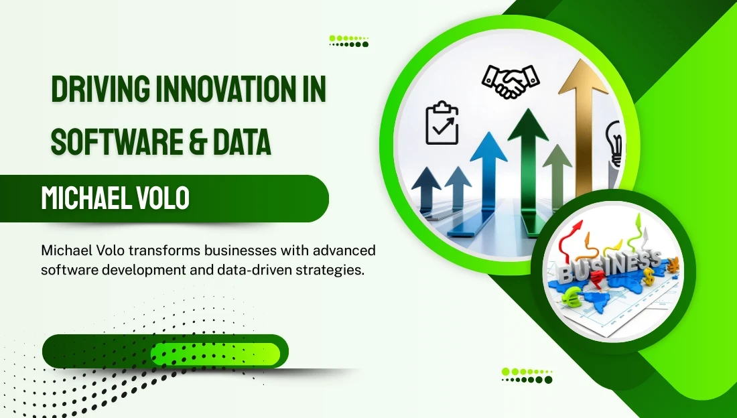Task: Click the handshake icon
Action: (x=511, y=81)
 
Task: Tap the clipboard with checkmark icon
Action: (x=442, y=123)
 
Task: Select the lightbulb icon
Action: (x=614, y=144)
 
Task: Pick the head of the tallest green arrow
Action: (x=529, y=124)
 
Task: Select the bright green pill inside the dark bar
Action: (x=216, y=354)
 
